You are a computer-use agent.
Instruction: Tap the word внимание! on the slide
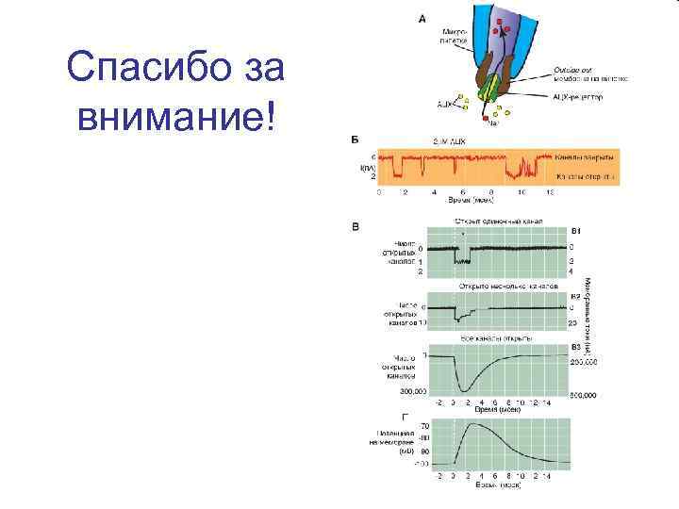coord(174,117)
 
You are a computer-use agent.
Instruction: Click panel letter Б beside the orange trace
coord(355,140)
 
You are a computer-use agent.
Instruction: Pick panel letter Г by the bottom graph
coord(405,416)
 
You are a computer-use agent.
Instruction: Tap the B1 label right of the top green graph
coord(577,230)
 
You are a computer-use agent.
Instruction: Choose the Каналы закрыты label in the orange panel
coord(585,156)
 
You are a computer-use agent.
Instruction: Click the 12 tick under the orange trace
coord(549,191)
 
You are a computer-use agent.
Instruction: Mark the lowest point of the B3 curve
coord(467,389)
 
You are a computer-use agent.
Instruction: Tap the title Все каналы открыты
coord(497,337)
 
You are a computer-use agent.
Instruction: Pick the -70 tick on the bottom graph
coord(424,426)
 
